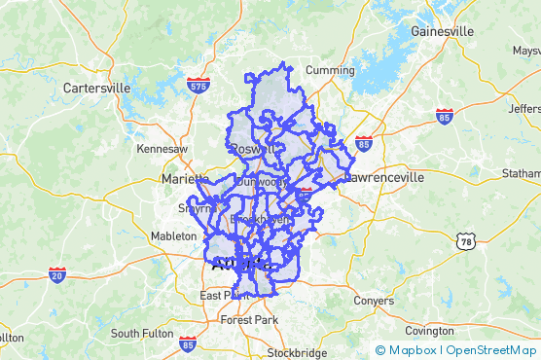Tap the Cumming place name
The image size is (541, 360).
tap(330, 70)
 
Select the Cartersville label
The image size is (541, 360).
tap(96, 88)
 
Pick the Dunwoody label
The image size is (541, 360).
tap(261, 182)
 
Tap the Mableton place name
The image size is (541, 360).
tap(174, 236)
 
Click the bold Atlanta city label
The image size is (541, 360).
tap(242, 264)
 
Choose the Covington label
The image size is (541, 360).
tap(429, 331)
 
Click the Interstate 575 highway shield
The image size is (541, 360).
tap(198, 86)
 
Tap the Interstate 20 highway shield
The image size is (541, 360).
tap(57, 275)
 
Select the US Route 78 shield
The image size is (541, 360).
tap(466, 240)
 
